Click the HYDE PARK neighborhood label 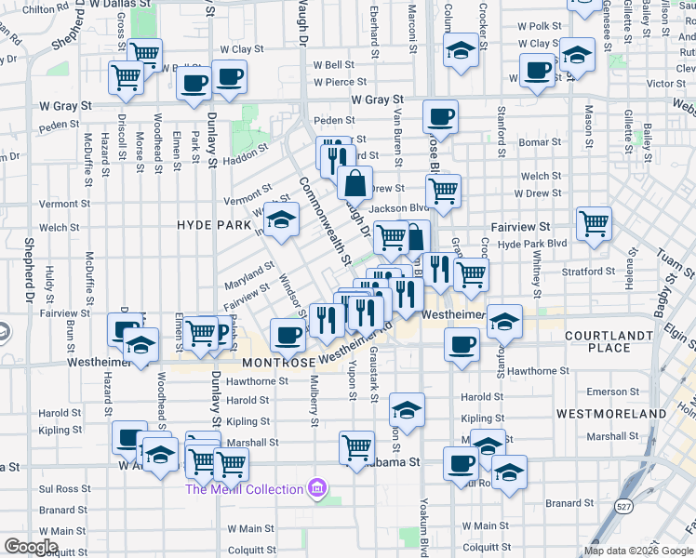click(x=214, y=225)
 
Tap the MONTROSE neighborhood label click(x=278, y=363)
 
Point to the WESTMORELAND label click(x=611, y=413)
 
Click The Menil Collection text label click(x=244, y=489)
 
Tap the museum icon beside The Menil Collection click(x=317, y=488)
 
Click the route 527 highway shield click(x=622, y=506)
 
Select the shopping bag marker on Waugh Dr click(x=355, y=183)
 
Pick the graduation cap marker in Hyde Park click(x=279, y=220)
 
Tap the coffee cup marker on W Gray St click(x=440, y=117)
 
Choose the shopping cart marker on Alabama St click(x=356, y=447)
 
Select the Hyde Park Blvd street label click(x=532, y=243)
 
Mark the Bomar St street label click(x=534, y=142)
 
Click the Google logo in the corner click(x=31, y=547)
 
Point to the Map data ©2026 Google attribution click(x=639, y=551)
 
